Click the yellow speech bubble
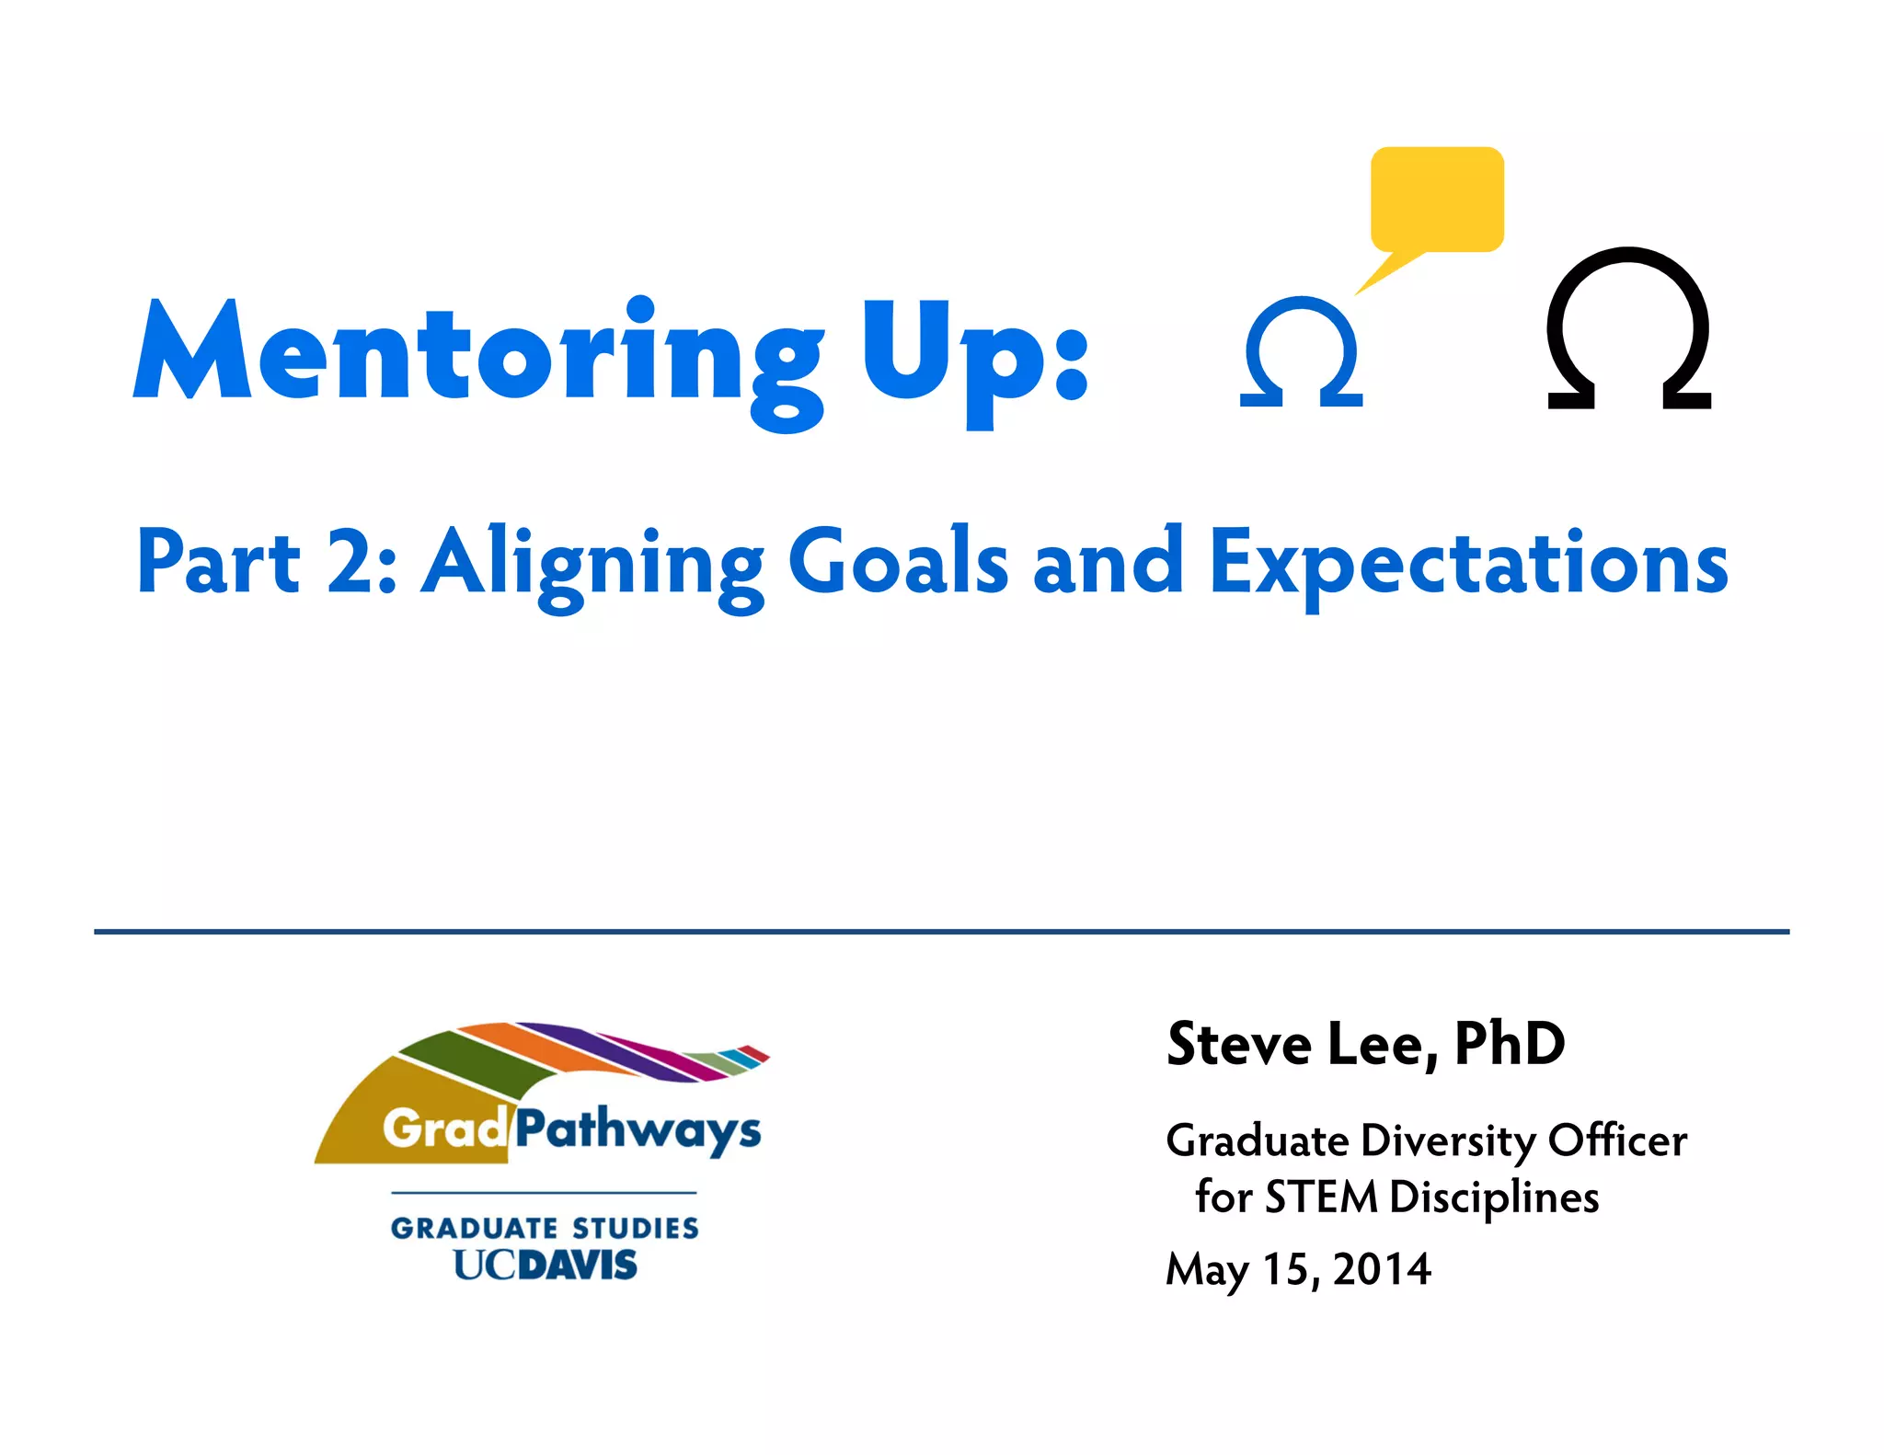pos(1437,199)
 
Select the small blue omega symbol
pos(1301,351)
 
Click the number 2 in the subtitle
pos(351,561)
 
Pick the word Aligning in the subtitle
pos(593,563)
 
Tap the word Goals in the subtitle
pos(898,561)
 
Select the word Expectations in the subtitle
pos(1468,563)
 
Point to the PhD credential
pos(1509,1045)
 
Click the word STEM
pos(1322,1197)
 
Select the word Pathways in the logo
pos(637,1129)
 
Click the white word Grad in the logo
pos(444,1128)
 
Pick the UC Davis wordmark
pos(545,1266)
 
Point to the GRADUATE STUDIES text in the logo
pos(545,1228)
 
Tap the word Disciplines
pos(1494,1197)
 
